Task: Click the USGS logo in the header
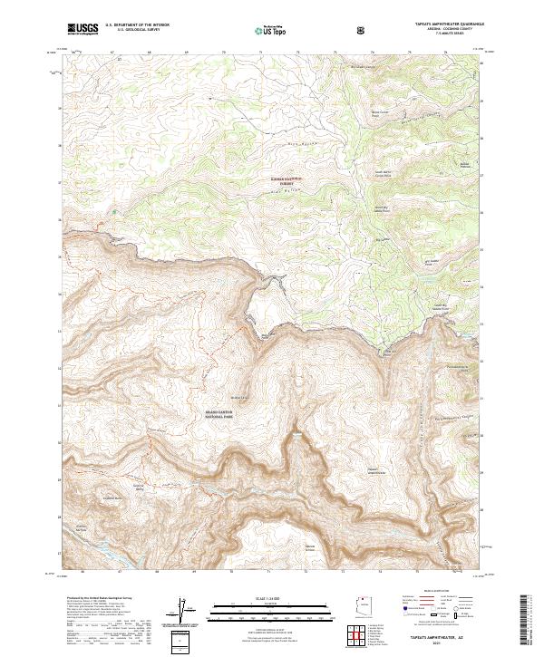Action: [x=83, y=30]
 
